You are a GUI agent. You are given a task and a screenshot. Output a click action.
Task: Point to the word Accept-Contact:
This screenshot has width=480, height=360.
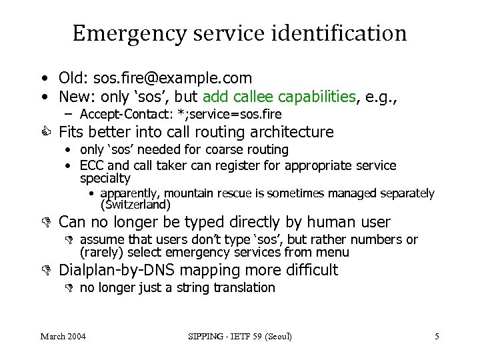[119, 114]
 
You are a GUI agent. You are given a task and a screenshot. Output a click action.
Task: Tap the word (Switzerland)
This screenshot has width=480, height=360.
[135, 205]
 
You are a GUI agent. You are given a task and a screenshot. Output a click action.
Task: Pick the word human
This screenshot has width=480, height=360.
[323, 222]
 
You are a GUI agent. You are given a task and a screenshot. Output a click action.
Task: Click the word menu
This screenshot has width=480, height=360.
[335, 252]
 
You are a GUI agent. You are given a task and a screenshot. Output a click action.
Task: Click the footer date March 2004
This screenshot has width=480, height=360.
[63, 337]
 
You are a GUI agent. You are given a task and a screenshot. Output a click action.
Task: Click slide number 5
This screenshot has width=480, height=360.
[437, 337]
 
